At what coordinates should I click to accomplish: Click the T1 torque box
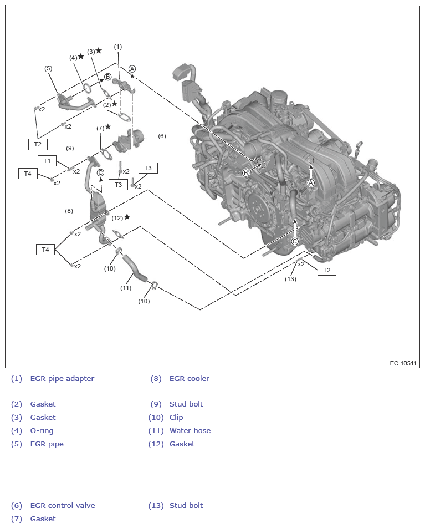coord(47,161)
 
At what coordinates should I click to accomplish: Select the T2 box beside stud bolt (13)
coord(326,270)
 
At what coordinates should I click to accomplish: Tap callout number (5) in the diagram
coord(48,68)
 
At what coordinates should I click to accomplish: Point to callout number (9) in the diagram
coord(70,148)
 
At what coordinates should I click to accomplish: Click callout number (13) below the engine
coord(291,279)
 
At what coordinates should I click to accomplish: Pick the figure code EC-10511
coord(403,364)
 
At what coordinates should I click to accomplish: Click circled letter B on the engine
coord(245,173)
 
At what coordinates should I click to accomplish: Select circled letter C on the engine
coord(295,241)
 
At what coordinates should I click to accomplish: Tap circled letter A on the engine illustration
coord(311,182)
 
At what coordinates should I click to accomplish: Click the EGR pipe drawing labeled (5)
coord(74,102)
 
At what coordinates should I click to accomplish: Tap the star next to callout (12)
coord(127,217)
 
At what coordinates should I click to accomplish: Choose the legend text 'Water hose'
coord(190,431)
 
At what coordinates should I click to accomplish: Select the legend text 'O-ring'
coord(42,431)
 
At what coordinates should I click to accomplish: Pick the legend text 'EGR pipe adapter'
coord(62,379)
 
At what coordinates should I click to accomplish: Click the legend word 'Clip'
coord(176,418)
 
